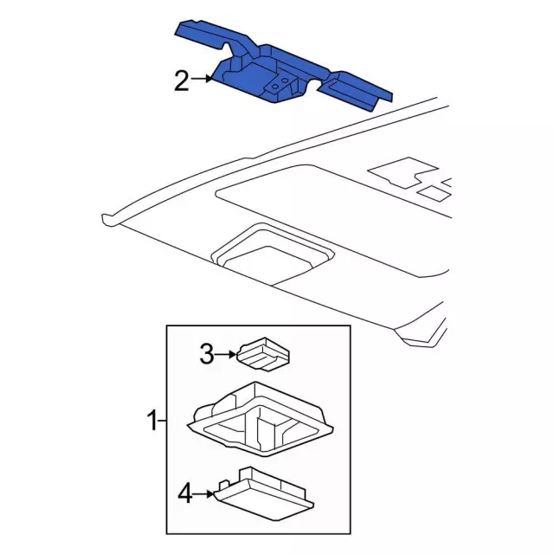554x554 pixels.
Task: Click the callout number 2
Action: pos(182,81)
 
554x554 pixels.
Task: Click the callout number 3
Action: pos(207,354)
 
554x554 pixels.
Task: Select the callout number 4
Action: pos(185,493)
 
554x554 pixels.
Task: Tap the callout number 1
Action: pos(152,421)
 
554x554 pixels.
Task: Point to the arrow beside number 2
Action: pos(202,79)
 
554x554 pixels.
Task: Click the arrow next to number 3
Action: pos(226,354)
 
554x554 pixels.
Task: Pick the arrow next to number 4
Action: pos(204,493)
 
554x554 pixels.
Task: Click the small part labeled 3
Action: pos(263,354)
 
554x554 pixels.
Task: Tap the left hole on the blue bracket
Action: pos(275,86)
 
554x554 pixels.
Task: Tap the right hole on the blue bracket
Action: pos(285,81)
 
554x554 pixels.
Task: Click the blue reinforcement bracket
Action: pos(283,66)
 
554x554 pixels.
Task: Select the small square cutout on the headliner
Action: pos(434,193)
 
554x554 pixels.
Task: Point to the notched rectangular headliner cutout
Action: pos(403,173)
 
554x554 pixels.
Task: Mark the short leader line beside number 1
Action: pos(162,421)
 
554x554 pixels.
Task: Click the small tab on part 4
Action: pos(223,484)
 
